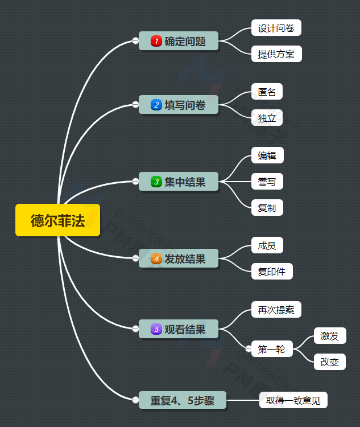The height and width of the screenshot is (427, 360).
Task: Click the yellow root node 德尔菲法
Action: (57, 220)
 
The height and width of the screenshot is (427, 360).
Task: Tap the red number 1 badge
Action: (156, 41)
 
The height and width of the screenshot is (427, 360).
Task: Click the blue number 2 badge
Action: (156, 105)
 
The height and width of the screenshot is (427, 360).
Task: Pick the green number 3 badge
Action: (156, 182)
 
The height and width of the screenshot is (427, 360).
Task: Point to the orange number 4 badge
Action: (156, 258)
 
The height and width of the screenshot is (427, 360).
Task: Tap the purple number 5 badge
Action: (156, 329)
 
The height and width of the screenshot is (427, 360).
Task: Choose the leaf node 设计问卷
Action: (276, 28)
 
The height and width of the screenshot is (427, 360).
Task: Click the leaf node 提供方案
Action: (276, 54)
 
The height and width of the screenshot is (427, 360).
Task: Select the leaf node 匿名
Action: (267, 91)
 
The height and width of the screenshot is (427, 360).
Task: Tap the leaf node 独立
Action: (267, 118)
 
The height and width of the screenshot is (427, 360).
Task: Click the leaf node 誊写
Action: (267, 182)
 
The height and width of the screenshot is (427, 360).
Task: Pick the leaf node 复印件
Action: (272, 272)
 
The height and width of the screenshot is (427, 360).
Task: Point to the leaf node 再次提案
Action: (276, 310)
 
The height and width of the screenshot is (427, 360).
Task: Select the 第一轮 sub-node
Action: (271, 349)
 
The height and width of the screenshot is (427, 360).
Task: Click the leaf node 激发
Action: (329, 336)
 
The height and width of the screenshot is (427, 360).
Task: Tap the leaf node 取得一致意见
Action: (293, 400)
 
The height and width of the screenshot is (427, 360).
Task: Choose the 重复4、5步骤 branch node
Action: (182, 400)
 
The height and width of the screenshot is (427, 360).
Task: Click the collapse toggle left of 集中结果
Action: (135, 182)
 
